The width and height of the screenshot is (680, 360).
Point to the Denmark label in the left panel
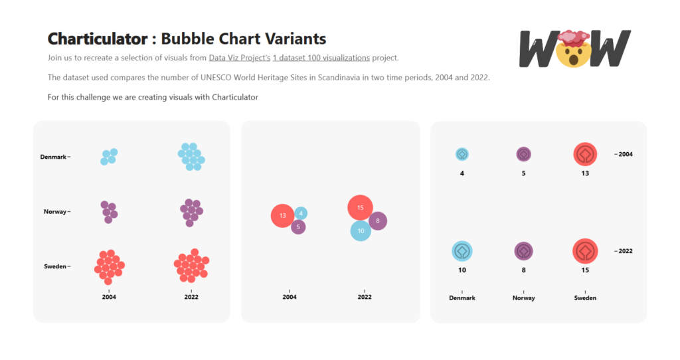point(53,157)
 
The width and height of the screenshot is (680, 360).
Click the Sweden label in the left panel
point(55,266)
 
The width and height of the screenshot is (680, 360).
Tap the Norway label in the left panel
point(55,212)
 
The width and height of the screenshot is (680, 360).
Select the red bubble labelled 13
point(283,216)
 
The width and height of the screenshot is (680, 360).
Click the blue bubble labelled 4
point(301,213)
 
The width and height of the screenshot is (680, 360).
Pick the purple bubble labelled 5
point(299,227)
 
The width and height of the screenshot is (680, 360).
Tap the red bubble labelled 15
point(360,207)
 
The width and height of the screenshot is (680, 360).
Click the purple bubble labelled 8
point(378,221)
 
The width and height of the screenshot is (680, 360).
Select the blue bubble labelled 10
point(361,230)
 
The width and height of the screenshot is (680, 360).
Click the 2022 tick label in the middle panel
point(365,298)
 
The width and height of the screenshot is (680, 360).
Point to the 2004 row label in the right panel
point(624,154)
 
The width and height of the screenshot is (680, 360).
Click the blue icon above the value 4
point(462,154)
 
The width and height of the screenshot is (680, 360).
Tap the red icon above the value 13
point(585,154)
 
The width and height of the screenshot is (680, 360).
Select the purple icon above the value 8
point(523,251)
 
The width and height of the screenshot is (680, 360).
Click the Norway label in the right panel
point(523,298)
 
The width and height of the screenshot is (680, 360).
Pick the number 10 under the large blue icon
point(462,270)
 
